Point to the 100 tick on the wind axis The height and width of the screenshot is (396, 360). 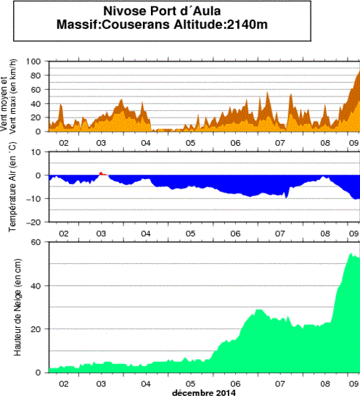[x=36, y=62]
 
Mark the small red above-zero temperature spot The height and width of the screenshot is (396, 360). [x=102, y=174]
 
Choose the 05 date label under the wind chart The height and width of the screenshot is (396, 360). [x=190, y=143]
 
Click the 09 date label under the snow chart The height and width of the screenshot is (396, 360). [x=353, y=382]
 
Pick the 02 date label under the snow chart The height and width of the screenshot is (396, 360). [x=64, y=382]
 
